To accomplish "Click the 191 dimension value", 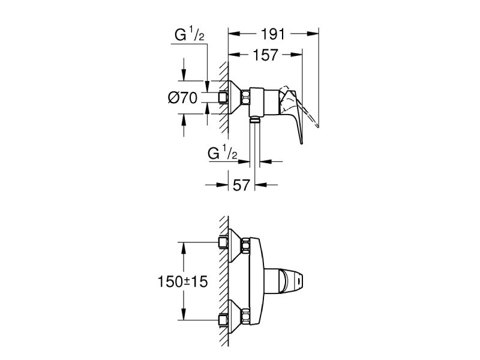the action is point(273,34).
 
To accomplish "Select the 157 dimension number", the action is point(265,55).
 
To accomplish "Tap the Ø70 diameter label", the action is point(183,98).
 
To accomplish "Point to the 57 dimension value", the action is point(242,185).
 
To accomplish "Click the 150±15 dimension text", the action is point(182,281).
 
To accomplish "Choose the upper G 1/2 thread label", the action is point(189,34).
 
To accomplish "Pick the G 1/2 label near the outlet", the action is point(222,153).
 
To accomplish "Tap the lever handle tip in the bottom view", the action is point(294,280).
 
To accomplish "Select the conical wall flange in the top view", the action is point(235,98).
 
